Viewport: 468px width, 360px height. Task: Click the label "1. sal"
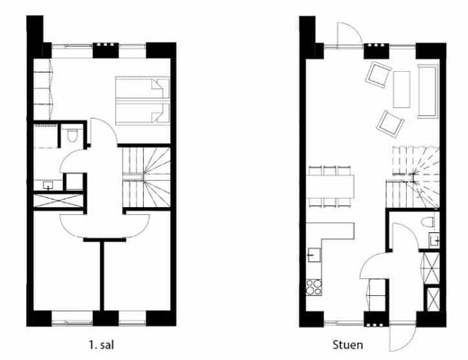pyautogui.click(x=102, y=345)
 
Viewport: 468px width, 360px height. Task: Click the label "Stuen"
pyautogui.click(x=347, y=345)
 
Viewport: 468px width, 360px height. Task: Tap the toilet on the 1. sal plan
pyautogui.click(x=72, y=135)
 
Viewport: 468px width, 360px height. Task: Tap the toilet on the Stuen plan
pyautogui.click(x=427, y=221)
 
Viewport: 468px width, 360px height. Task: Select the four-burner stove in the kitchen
pyautogui.click(x=314, y=287)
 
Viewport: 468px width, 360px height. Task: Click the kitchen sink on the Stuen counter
pyautogui.click(x=314, y=256)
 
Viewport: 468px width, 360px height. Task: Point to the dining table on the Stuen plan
pyautogui.click(x=330, y=186)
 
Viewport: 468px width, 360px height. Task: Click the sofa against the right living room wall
pyautogui.click(x=427, y=91)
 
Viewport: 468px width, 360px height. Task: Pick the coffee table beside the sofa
pyautogui.click(x=401, y=89)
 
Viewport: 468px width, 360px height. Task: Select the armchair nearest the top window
pyautogui.click(x=378, y=74)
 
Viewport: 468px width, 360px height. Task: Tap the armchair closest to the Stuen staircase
pyautogui.click(x=390, y=123)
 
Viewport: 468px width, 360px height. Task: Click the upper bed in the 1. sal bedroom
pyautogui.click(x=142, y=87)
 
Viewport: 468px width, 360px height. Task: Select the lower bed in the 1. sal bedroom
pyautogui.click(x=142, y=112)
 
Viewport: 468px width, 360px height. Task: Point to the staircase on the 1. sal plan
pyautogui.click(x=147, y=176)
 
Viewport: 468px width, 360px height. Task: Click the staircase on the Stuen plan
pyautogui.click(x=412, y=176)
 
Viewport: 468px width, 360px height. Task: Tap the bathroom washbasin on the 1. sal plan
pyautogui.click(x=48, y=184)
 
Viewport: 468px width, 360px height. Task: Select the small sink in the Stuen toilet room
pyautogui.click(x=434, y=240)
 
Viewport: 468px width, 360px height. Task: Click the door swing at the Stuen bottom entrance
pyautogui.click(x=403, y=337)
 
